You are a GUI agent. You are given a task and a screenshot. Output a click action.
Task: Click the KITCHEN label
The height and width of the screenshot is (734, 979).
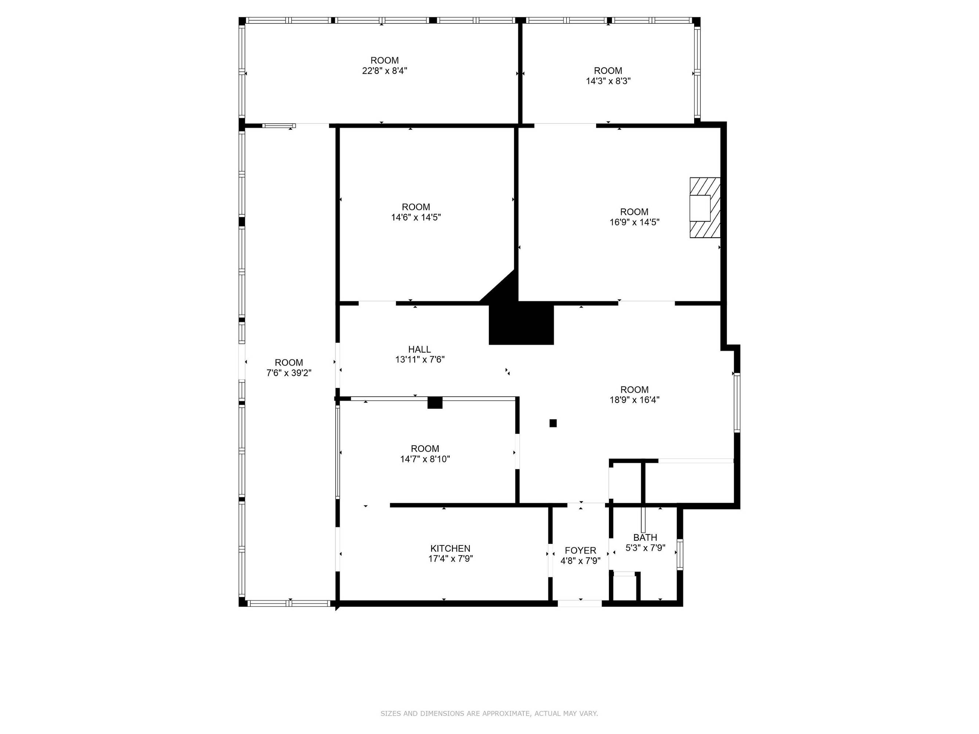(450, 549)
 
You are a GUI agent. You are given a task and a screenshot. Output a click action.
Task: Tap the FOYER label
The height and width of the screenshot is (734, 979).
(580, 550)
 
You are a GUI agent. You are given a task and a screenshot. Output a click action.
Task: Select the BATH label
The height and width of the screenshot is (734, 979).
(645, 538)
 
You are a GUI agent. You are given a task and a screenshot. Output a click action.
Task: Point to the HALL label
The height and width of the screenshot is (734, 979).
(419, 349)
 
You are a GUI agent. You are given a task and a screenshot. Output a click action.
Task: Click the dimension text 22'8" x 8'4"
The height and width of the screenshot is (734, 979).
(385, 71)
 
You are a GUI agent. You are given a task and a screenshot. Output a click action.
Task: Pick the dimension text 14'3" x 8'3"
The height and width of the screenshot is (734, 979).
(608, 81)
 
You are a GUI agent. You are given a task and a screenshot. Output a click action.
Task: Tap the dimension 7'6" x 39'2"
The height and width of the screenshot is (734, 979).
(289, 373)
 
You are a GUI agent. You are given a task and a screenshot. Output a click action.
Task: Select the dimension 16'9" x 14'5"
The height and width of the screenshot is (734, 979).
(634, 222)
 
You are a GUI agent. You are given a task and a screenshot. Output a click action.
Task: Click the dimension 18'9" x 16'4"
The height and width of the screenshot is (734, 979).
(634, 400)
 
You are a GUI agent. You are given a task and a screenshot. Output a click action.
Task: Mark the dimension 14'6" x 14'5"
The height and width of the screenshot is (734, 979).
(416, 218)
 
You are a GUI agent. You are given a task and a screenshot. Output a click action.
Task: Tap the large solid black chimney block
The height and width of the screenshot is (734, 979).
(521, 323)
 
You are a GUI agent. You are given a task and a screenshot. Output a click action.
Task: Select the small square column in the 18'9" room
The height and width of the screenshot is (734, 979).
(553, 424)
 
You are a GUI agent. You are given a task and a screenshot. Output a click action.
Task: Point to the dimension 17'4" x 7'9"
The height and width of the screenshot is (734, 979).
(450, 559)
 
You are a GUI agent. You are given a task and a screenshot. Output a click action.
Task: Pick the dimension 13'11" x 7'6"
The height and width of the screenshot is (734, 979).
(420, 360)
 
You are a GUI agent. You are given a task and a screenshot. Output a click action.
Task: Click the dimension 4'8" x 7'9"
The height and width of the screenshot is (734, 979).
(580, 561)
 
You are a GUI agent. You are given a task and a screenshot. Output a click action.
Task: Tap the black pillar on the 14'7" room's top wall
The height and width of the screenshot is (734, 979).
(435, 403)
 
